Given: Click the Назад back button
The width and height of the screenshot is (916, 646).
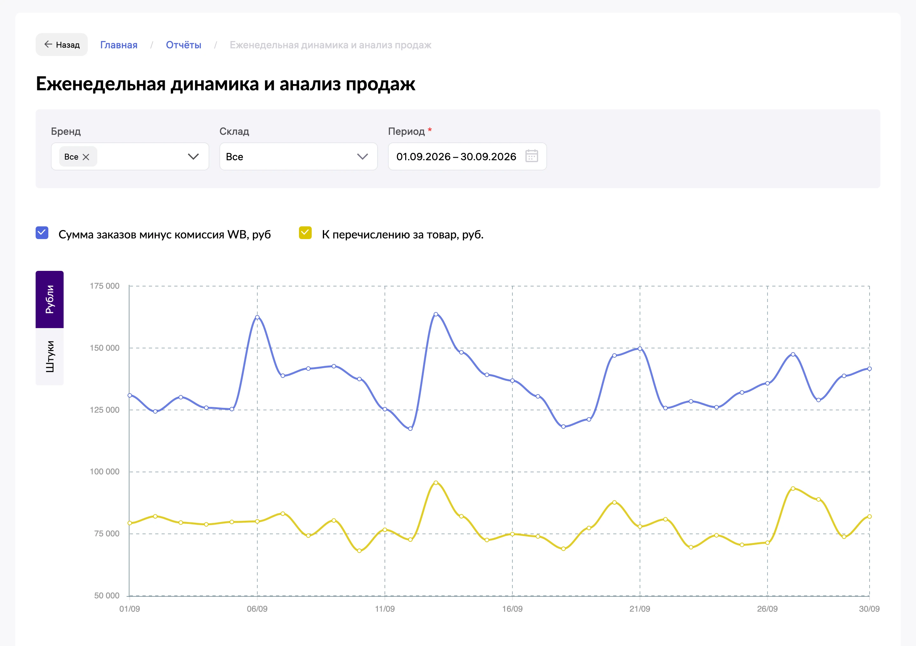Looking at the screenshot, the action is point(61,45).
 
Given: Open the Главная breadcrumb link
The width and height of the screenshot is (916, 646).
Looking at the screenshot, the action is point(119,45).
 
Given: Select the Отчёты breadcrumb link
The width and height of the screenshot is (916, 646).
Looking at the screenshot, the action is point(184,45).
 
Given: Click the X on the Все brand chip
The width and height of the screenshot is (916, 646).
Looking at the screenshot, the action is point(86,157).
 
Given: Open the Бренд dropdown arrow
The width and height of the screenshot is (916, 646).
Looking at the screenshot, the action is point(193,157).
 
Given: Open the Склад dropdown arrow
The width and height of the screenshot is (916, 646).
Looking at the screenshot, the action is point(362,157).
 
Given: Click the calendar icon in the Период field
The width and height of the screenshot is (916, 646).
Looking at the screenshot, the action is point(532,156).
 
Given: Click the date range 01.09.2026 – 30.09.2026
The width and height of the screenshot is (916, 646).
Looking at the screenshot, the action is point(456,157).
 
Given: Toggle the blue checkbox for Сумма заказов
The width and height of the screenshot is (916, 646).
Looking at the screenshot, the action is point(42,232).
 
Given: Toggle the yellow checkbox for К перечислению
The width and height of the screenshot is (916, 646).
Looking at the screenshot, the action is point(305,232).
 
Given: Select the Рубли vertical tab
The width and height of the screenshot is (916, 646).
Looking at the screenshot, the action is point(50,299).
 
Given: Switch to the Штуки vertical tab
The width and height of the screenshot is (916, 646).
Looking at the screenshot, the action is point(50,356).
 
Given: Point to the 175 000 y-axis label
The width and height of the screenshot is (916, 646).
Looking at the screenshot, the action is point(105,286).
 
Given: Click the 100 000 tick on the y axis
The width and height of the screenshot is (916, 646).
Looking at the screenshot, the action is point(105,472).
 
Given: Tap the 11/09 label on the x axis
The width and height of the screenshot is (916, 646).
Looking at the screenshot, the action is point(385,609).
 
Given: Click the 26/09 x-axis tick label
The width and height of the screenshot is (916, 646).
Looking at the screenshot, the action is point(767,609).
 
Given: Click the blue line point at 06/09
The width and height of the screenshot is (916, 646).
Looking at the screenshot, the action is point(257,317).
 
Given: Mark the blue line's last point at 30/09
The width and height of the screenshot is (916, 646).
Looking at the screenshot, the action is point(869,369).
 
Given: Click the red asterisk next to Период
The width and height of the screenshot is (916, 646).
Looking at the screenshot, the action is point(430,130).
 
